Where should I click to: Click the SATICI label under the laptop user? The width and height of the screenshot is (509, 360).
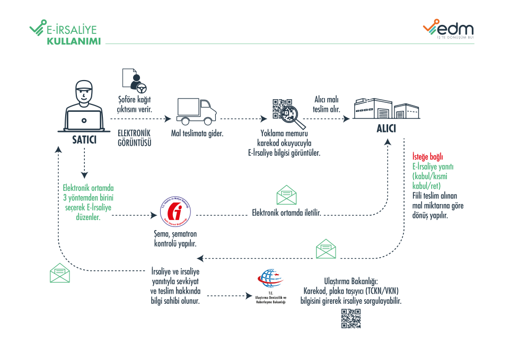click(x=84, y=140)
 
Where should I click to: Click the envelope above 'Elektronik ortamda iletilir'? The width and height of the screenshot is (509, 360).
click(x=286, y=195)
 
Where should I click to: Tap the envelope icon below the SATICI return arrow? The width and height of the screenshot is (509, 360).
click(x=60, y=273)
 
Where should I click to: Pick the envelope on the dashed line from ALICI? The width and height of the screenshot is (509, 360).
click(x=326, y=249)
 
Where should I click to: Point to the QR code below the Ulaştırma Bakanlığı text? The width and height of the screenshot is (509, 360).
click(x=350, y=318)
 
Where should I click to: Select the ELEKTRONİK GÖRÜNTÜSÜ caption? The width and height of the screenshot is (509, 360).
click(x=135, y=137)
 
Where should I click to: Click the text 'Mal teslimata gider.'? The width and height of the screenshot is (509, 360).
click(x=197, y=134)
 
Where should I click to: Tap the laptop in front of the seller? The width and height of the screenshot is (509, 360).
click(x=84, y=121)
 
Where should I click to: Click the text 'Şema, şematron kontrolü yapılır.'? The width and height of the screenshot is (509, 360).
click(x=175, y=240)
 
